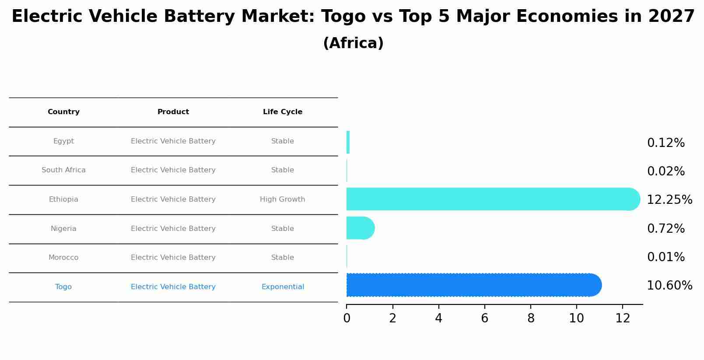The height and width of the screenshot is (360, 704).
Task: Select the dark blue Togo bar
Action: [473, 285]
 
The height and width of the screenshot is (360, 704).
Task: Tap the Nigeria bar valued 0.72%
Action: [360, 228]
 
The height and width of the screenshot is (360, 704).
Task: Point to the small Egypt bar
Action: [348, 142]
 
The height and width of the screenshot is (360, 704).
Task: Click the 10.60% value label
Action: [669, 286]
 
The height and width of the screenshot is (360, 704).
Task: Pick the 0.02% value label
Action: [665, 171]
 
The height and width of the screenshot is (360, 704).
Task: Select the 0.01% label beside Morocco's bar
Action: [665, 257]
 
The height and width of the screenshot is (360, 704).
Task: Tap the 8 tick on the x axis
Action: [531, 318]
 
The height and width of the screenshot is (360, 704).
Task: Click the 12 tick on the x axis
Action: [623, 318]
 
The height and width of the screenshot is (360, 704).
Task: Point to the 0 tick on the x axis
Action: [347, 318]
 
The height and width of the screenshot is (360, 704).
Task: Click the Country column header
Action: [63, 112]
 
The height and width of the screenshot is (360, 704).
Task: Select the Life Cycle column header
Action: [283, 112]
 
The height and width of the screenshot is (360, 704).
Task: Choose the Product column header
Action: [173, 112]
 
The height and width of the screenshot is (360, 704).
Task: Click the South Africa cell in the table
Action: [63, 170]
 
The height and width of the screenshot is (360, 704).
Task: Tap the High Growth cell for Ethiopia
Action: [283, 199]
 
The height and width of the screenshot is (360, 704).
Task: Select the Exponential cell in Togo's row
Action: [283, 287]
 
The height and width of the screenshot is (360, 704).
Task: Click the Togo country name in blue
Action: [63, 287]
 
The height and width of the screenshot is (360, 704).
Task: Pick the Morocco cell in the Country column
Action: [63, 258]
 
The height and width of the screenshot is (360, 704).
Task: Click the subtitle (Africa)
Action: [353, 43]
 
